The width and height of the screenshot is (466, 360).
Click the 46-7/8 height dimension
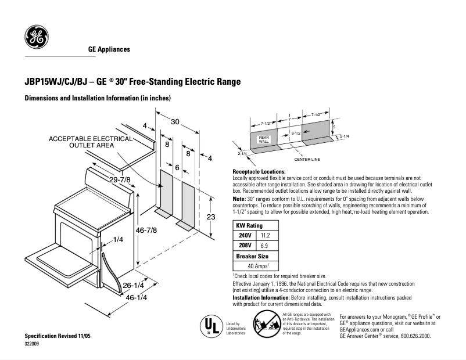click(146, 231)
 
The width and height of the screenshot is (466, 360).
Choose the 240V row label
click(244, 236)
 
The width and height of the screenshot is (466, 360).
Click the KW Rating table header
click(249, 225)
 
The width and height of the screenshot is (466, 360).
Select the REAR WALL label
click(263, 140)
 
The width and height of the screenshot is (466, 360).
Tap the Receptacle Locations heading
click(259, 172)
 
